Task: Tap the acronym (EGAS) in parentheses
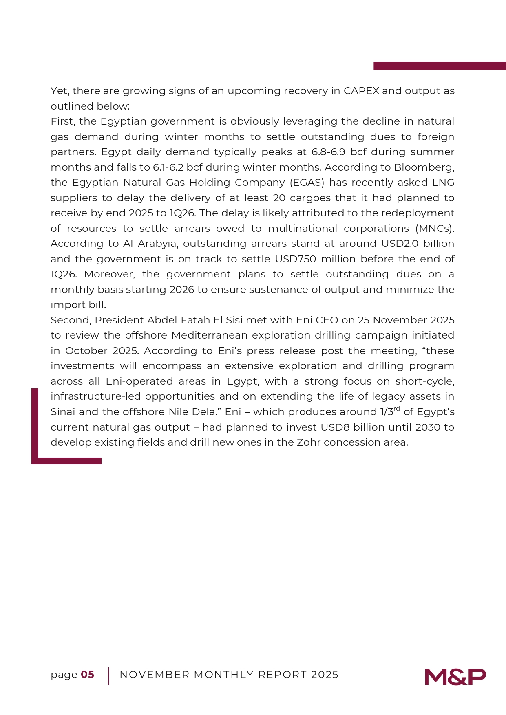click(x=307, y=183)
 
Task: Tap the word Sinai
click(x=63, y=412)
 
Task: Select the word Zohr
click(x=309, y=442)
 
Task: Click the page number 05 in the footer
click(x=87, y=675)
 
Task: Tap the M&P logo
click(x=455, y=677)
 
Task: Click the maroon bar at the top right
click(x=440, y=66)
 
